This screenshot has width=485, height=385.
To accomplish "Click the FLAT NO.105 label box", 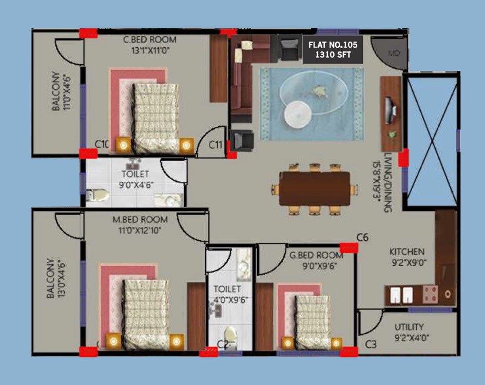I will pos(333,49).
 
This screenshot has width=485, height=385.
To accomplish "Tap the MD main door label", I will pos(394,53).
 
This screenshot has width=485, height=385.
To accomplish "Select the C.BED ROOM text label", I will pos(149,40).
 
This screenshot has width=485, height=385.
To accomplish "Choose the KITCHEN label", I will pos(407,252).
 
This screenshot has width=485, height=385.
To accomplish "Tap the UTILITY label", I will pos(409,327).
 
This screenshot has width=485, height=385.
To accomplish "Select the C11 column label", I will pos(216,145).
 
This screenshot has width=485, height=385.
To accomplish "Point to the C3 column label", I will pos(371,344).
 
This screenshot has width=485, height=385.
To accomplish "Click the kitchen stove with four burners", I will pos(430,294).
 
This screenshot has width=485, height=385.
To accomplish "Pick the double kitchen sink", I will pos(401,294).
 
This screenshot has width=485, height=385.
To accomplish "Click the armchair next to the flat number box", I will pos(289,48).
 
